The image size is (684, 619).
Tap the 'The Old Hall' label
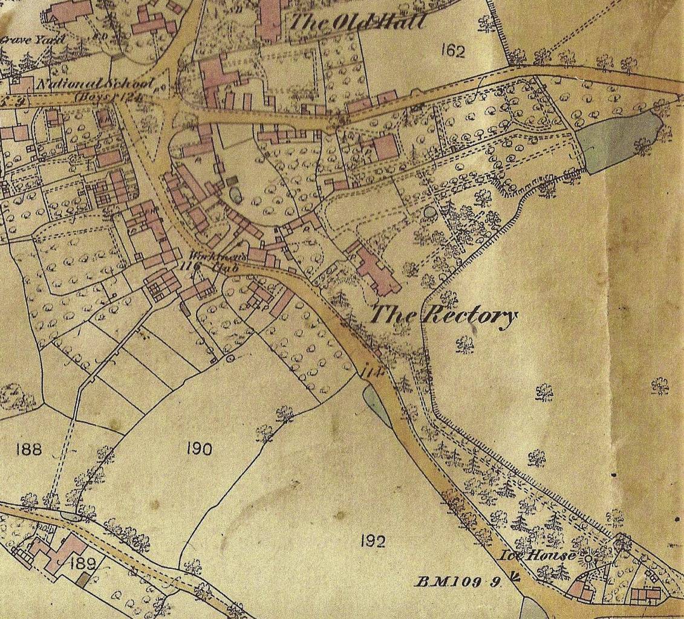click(357, 23)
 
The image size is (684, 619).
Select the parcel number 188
click(29, 449)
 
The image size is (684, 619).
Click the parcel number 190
click(199, 449)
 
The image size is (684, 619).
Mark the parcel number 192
click(373, 541)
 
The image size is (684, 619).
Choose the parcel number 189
click(83, 565)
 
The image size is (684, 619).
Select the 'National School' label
click(95, 85)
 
